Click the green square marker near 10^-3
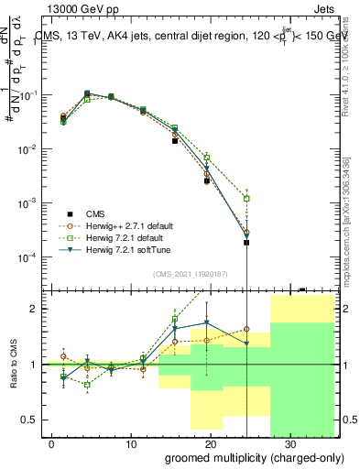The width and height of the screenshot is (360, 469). click(246, 198)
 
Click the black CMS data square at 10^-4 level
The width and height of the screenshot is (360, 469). click(246, 243)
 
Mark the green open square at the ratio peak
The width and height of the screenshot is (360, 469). click(175, 319)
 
